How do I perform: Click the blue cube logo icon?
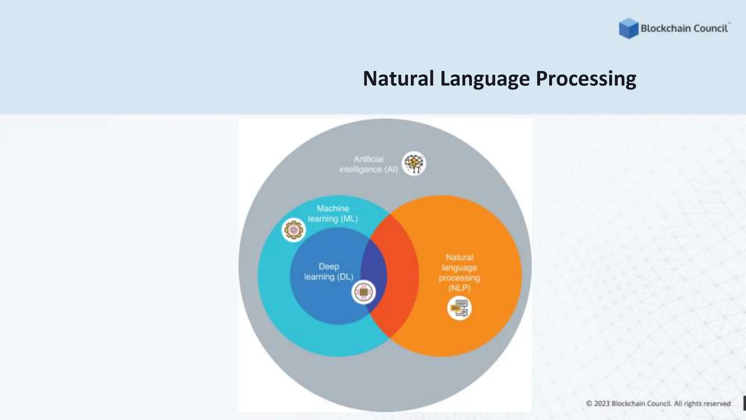[628, 28]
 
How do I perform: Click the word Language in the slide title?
[484, 79]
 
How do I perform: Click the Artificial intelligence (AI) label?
[368, 164]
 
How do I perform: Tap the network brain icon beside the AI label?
[414, 163]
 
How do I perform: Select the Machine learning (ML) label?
[333, 214]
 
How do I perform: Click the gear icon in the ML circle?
[294, 230]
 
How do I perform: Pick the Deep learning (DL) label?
[329, 272]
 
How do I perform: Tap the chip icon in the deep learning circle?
[364, 292]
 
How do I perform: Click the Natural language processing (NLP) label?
[459, 272]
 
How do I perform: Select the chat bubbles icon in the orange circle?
[459, 308]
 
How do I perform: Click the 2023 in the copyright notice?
[602, 404]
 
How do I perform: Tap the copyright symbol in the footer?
[589, 404]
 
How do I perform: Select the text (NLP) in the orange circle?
[459, 288]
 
